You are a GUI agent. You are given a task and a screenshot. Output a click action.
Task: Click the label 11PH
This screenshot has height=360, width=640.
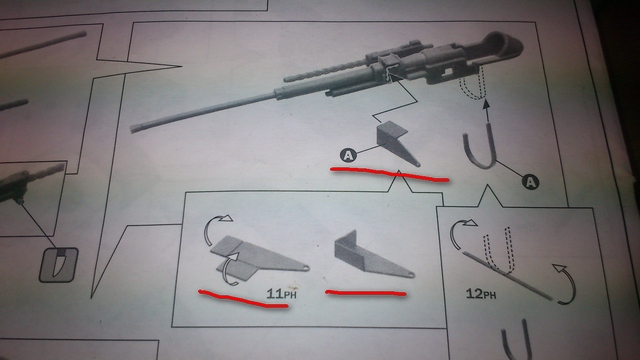tap(281, 293)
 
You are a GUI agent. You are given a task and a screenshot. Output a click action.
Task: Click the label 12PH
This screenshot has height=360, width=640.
tap(481, 293)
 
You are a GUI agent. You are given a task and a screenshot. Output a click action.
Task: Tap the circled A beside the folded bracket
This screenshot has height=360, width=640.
tap(348, 155)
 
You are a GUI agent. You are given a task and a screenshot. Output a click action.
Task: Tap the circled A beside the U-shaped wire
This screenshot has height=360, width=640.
tap(530, 182)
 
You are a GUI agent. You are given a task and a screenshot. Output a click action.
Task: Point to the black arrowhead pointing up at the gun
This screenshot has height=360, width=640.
tap(486, 104)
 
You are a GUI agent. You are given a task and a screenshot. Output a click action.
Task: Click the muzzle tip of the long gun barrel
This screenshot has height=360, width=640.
tap(133, 128)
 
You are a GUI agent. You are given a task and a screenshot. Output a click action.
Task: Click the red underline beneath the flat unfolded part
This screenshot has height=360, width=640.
tap(243, 300)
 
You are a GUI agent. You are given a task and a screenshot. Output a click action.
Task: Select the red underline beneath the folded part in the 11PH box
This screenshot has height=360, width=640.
tap(366, 292)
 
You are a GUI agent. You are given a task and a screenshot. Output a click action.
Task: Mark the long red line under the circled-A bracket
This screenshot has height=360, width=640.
tap(389, 173)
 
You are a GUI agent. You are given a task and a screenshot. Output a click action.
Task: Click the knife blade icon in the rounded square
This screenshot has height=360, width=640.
tap(59, 264)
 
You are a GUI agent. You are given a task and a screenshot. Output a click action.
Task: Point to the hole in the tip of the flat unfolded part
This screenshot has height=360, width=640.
tap(306, 269)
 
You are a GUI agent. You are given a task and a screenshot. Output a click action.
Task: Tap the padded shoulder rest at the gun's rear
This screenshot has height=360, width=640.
tap(503, 44)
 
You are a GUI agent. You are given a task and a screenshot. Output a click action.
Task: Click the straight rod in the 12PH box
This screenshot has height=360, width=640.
tap(507, 275)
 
